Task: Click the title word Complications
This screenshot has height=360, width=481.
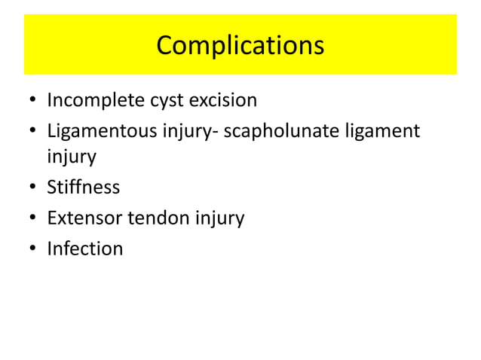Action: [240, 45]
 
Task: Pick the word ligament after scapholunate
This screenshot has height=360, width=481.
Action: [382, 130]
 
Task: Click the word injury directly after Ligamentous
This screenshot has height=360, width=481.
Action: [182, 130]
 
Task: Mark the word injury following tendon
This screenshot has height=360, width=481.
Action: [219, 219]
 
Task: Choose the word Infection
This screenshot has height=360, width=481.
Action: [84, 249]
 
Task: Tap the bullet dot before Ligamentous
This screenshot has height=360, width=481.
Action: [33, 131]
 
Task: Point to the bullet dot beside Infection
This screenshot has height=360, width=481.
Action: [33, 249]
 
